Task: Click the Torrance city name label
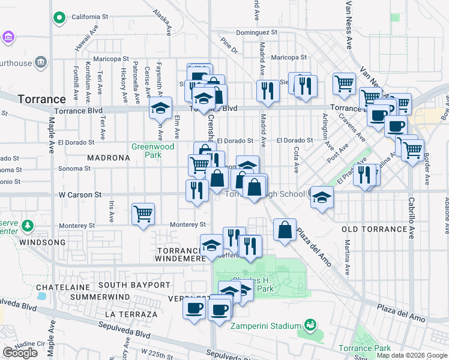pos(41,99)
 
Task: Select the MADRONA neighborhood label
pos(109,158)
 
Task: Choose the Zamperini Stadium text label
pos(266,326)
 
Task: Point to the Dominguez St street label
pos(256,32)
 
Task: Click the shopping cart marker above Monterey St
pos(143,213)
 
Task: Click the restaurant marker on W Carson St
pos(197,190)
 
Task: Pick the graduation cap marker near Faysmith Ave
pos(160,108)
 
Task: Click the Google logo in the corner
pos(20,353)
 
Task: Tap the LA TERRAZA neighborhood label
pos(130,314)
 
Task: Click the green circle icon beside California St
pos(59,18)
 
